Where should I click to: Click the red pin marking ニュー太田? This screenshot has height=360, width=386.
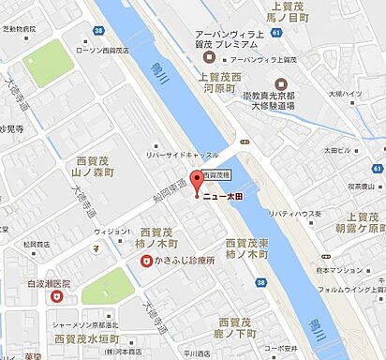196,181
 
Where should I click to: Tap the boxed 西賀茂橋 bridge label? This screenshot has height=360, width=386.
217,174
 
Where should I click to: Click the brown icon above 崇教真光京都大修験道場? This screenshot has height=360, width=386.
282,83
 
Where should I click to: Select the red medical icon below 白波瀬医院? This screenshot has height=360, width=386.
57,297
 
